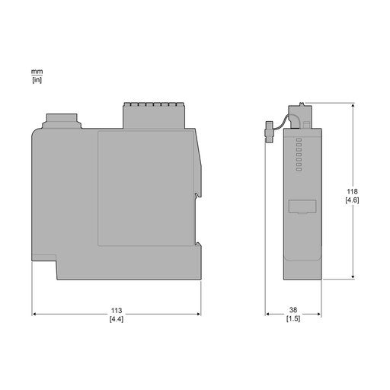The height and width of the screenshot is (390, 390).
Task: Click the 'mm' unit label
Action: coord(37,72)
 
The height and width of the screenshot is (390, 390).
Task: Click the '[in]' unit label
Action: coord(37,79)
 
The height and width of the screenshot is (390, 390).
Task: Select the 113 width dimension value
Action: coord(117,311)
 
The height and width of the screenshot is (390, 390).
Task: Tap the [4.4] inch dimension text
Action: coord(117,319)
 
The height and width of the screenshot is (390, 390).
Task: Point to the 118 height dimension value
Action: coord(353,191)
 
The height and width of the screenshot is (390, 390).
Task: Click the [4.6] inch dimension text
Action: coord(353,200)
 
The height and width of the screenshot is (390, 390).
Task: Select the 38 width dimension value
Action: coord(293,311)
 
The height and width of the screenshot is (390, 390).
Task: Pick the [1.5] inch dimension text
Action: coord(293,319)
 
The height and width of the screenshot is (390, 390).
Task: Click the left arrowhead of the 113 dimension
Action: coord(34,313)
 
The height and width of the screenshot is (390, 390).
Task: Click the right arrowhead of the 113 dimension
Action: coord(198,313)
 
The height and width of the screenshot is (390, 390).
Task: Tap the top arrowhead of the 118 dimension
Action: coord(353,106)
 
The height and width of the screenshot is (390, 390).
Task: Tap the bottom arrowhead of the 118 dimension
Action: coord(353,277)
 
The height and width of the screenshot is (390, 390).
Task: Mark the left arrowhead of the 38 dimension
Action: coord(268,313)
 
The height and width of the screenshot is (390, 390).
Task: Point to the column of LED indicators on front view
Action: coord(299,151)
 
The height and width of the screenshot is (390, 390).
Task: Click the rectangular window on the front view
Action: coord(302,206)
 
